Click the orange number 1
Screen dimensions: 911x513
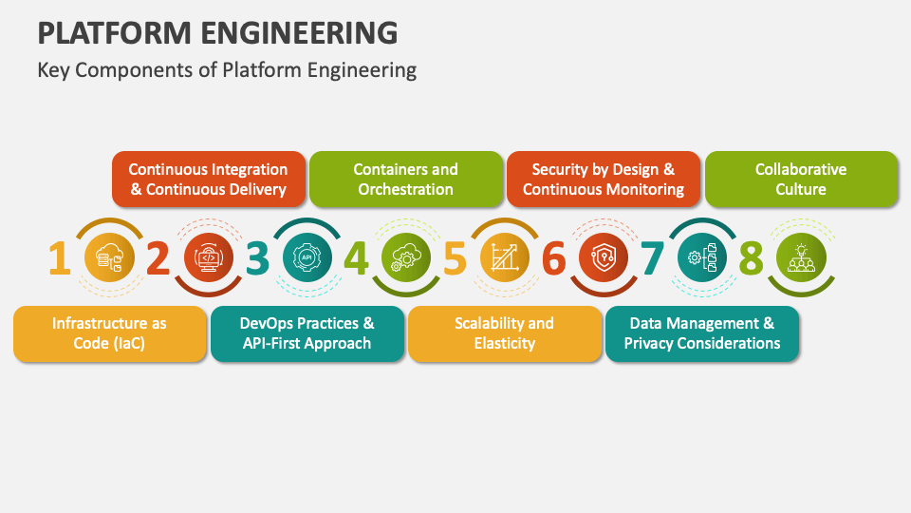point(60,257)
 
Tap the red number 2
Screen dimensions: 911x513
point(158,257)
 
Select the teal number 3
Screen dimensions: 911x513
point(257,257)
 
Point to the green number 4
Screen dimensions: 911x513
point(356,257)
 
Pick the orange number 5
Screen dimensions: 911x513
point(455,257)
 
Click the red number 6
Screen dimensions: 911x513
point(553,257)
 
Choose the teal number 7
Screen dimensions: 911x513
point(653,257)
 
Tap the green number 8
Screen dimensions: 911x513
point(752,257)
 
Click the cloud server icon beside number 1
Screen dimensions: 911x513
point(109,257)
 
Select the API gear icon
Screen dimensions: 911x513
point(307,257)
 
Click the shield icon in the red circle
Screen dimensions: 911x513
point(604,257)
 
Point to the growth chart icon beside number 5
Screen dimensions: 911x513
point(504,257)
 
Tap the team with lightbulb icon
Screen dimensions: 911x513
point(801,258)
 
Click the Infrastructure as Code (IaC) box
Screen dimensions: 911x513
point(110,333)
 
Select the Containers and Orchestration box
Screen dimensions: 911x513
point(406,180)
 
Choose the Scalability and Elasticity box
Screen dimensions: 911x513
point(505,333)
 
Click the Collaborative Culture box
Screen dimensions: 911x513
point(802,180)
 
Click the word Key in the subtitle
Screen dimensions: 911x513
point(53,70)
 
